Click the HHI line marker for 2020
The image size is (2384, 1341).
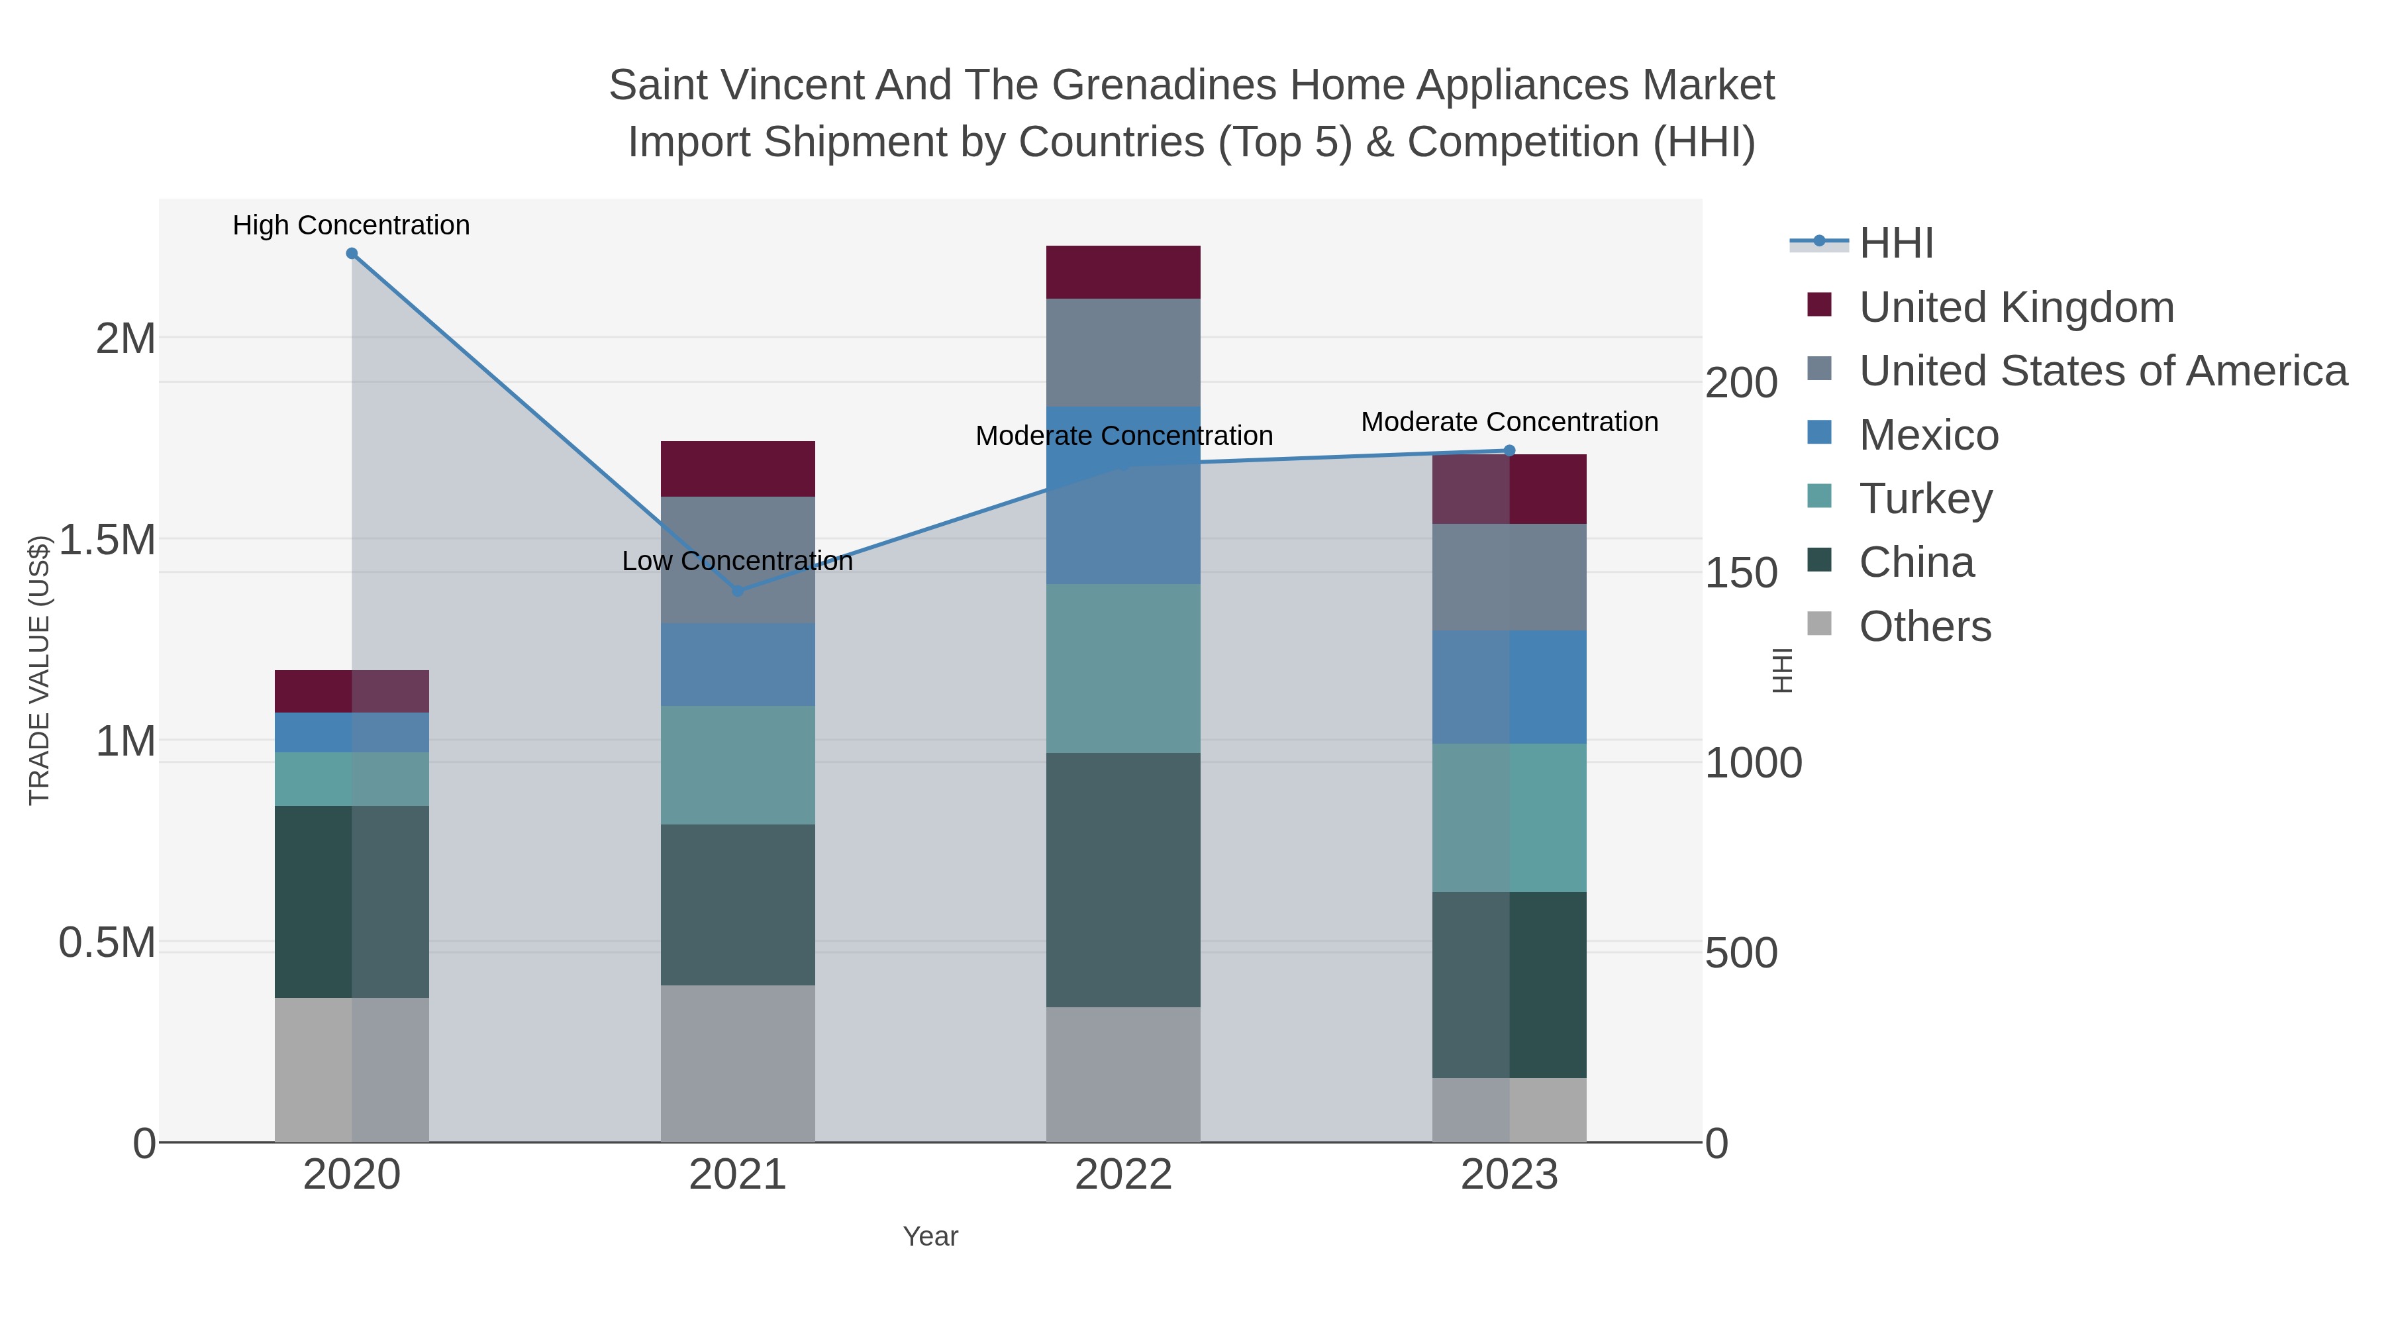tap(352, 254)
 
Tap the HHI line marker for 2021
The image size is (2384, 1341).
tap(738, 591)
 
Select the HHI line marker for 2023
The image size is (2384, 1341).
tap(1509, 451)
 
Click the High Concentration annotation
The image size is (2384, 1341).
tap(351, 225)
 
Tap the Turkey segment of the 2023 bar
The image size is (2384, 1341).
tap(1509, 817)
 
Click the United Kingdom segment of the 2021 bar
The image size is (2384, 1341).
tap(738, 470)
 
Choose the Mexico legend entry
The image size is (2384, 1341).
tap(1928, 435)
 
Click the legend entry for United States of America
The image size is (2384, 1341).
tap(2103, 371)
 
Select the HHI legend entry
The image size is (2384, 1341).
tap(1895, 244)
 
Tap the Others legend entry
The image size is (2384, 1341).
tap(1925, 626)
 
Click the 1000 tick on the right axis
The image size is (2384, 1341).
tap(1753, 764)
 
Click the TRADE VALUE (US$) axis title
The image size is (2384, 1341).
tap(39, 670)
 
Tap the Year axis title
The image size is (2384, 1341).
tap(930, 1236)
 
